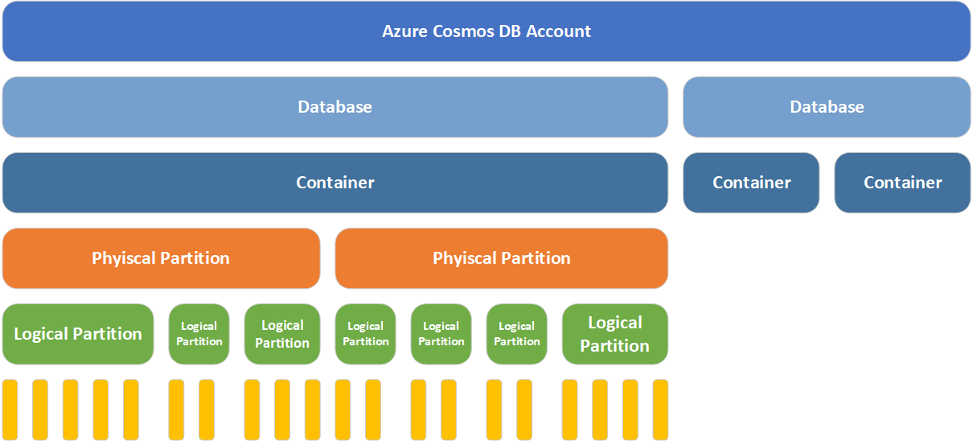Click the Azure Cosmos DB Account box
tap(486, 31)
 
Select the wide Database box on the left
tap(335, 107)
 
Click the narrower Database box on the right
tap(827, 107)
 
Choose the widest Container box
tap(335, 183)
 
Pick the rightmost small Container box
tap(902, 183)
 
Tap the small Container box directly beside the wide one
tap(751, 183)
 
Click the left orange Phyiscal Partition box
tap(161, 258)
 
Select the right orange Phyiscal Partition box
tap(501, 258)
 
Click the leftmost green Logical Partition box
tap(78, 334)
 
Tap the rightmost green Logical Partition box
tap(614, 334)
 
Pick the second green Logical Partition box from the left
tap(199, 334)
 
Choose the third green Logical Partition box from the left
tap(282, 334)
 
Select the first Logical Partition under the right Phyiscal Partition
tap(365, 334)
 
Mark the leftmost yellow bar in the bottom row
tap(10, 410)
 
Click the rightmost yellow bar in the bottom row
tap(660, 410)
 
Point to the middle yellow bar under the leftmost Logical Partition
tap(70, 410)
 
